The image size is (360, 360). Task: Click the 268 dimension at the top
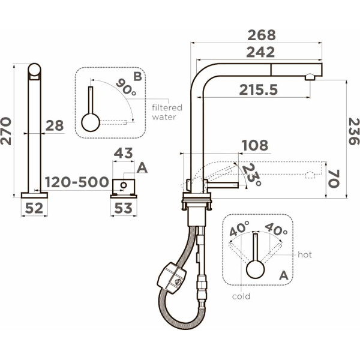[x=262, y=35]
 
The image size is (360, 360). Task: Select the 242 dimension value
[x=260, y=52]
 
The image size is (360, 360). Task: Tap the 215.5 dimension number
[x=258, y=89]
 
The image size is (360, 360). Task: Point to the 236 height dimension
[x=353, y=131]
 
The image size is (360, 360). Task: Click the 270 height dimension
[x=6, y=131]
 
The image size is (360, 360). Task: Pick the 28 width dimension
[x=55, y=125]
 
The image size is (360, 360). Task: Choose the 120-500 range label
[x=77, y=182]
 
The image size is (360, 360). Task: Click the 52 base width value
[x=34, y=208]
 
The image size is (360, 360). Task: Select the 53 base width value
[x=123, y=208]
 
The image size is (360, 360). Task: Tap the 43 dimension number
[x=123, y=153]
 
